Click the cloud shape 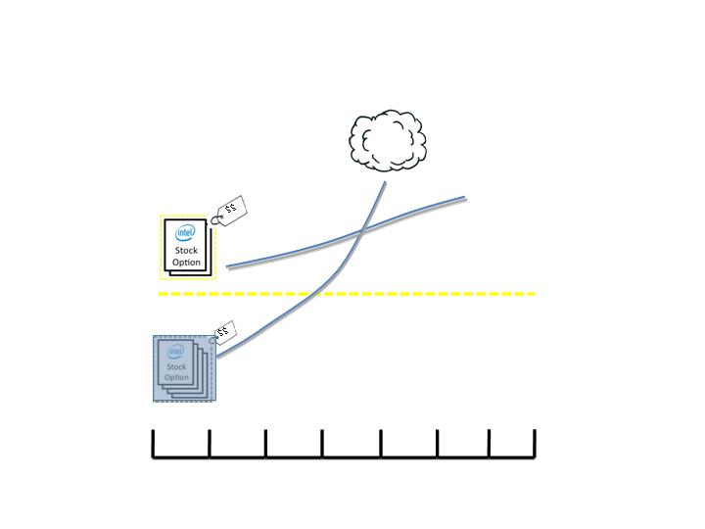coord(388,140)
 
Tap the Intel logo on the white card coord(185,232)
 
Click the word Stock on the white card coord(186,250)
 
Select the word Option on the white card coord(186,263)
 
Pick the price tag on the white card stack coord(230,211)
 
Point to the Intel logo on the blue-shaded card coord(175,351)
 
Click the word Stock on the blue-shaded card coord(176,366)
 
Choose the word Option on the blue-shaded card coord(176,377)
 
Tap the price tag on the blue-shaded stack coord(224,333)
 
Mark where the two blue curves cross coord(362,231)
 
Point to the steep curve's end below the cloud coord(385,182)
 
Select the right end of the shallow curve coord(465,197)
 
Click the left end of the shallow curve coord(227,266)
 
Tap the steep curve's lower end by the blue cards coord(217,357)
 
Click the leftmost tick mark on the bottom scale coord(154,444)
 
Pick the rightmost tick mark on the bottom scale coord(535,444)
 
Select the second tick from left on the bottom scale coord(210,444)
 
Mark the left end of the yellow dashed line coord(159,294)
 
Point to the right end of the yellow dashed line coord(535,294)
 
